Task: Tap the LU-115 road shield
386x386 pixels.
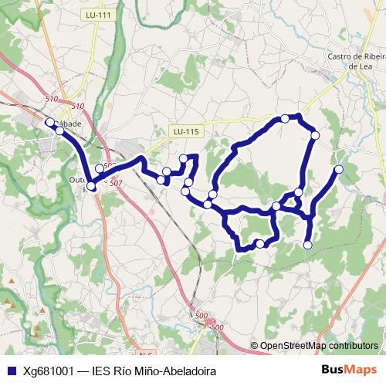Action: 186,131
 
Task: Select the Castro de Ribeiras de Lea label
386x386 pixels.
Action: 356,60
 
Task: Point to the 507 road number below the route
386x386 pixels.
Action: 117,183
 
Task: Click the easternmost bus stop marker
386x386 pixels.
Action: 338,169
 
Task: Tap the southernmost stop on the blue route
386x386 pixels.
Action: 307,245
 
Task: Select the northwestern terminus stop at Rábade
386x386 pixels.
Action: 50,123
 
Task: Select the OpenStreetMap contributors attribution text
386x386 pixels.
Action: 318,347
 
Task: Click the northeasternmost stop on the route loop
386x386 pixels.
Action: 315,135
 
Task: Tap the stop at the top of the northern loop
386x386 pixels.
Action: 286,118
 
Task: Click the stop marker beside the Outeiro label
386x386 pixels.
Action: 91,186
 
